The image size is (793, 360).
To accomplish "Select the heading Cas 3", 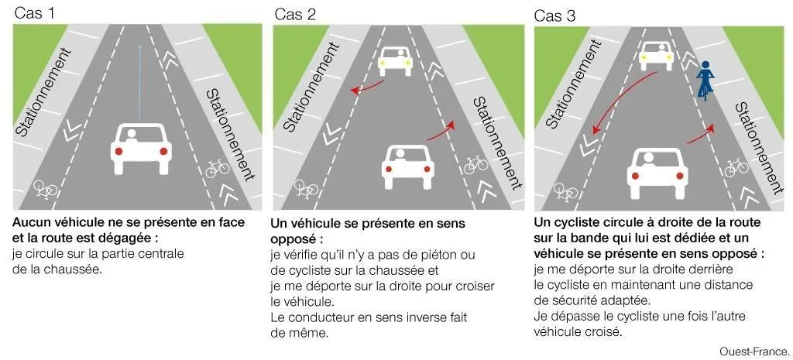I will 554,14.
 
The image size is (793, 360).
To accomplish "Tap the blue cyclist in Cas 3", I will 705,81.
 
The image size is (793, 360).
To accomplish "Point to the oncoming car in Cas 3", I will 656,56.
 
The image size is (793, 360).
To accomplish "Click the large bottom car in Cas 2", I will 408,165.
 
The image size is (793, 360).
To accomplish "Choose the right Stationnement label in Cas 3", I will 755,147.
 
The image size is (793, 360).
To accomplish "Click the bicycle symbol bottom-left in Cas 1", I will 45,187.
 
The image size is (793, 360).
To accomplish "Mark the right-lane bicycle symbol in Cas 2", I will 475,164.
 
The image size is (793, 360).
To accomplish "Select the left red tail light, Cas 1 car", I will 119,152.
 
